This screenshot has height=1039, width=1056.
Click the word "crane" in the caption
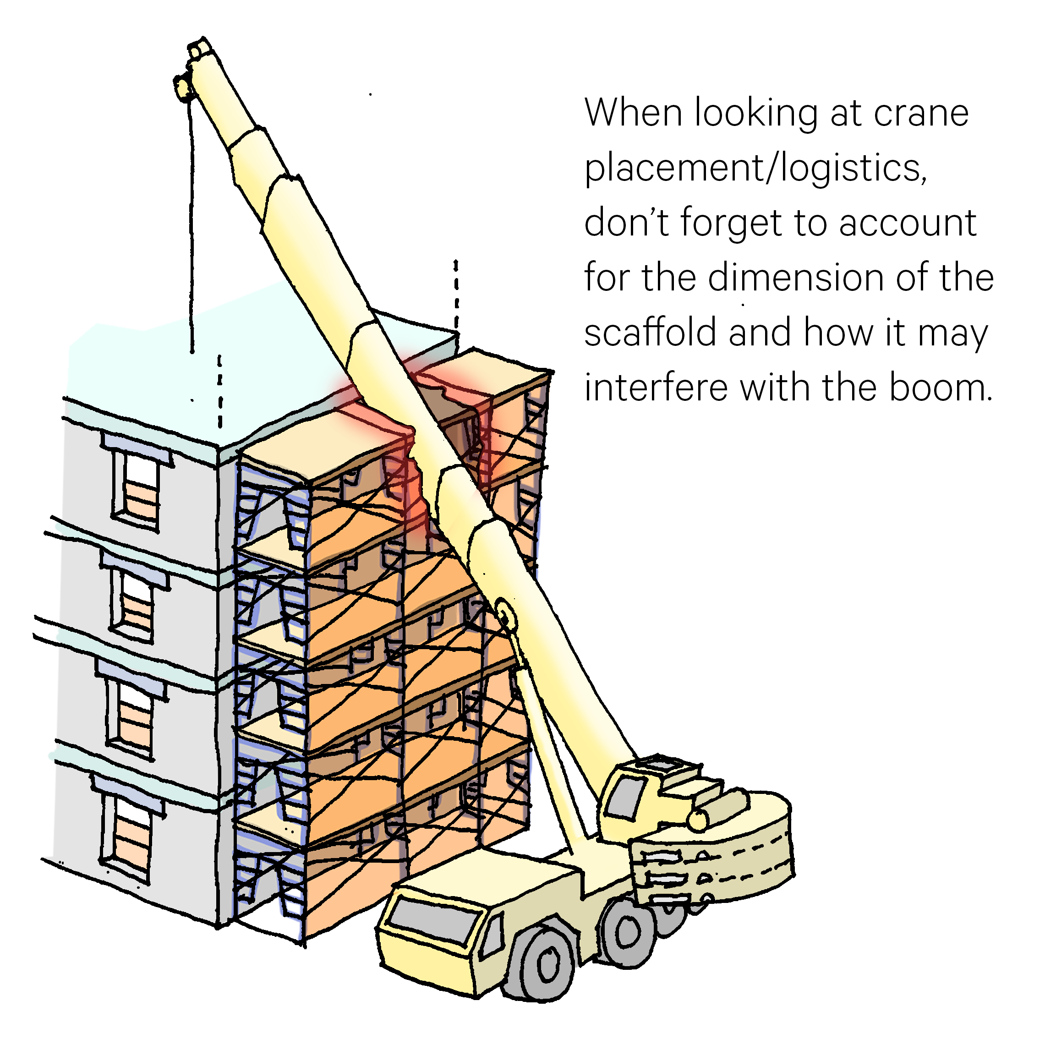(921, 114)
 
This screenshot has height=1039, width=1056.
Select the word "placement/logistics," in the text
(755, 168)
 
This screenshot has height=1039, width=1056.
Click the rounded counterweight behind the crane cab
(742, 851)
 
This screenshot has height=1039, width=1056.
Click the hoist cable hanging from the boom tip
(192, 229)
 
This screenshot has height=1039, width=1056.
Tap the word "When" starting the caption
(633, 114)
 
